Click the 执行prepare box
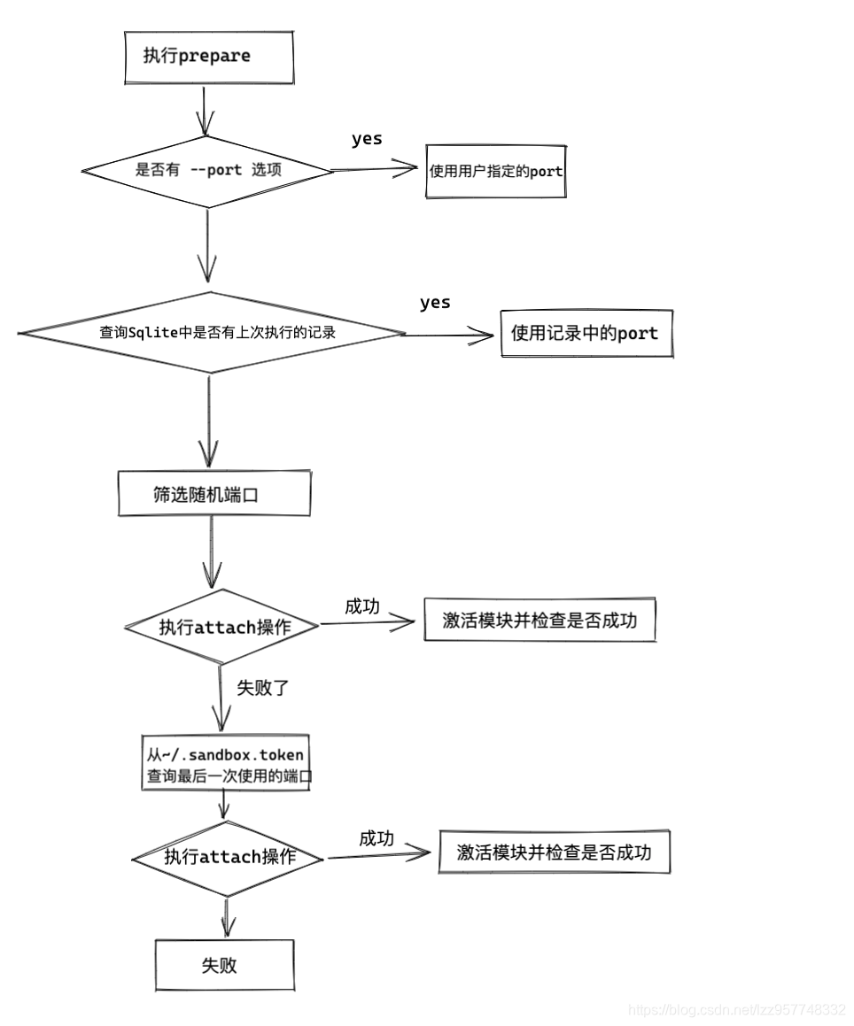coord(207,58)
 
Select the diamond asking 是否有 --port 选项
coord(207,171)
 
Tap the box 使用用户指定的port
coord(495,171)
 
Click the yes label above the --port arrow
coord(367,139)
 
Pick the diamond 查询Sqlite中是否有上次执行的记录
coord(211,333)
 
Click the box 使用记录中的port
coord(586,334)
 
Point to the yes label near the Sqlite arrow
coord(435,303)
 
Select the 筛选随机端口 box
coord(213,494)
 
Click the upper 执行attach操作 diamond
coord(222,627)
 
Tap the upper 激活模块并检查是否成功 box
coord(540,621)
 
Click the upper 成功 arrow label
coord(361,606)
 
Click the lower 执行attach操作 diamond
coord(229,858)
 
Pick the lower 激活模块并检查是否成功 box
coord(554,852)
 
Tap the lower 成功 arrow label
coord(376,838)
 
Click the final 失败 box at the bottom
coord(224,964)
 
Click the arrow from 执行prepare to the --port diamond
coord(205,110)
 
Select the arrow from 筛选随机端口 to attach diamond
coord(212,552)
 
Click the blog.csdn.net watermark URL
coord(736,1009)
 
